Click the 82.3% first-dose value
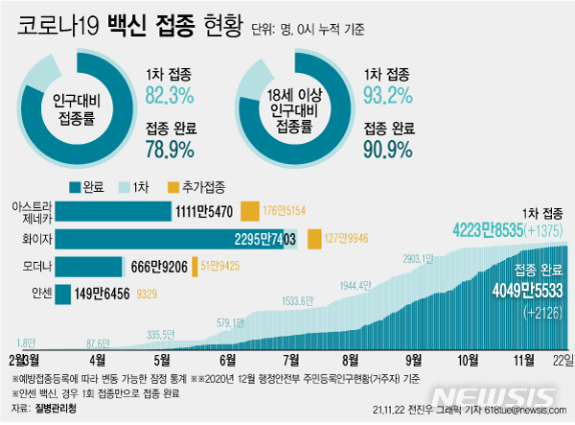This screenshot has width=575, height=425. (x=171, y=94)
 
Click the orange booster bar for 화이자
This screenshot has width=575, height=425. (x=313, y=239)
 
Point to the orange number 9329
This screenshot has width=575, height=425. (x=148, y=294)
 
